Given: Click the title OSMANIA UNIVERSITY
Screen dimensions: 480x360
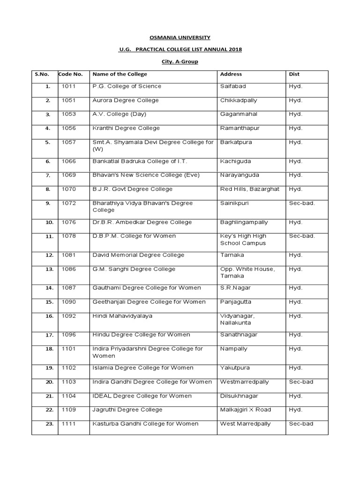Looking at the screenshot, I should click(180, 37).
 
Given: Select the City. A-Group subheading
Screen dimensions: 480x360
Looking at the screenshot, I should click(180, 62).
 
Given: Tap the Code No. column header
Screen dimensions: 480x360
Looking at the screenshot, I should click(70, 74).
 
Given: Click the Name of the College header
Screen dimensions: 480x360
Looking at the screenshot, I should click(120, 74).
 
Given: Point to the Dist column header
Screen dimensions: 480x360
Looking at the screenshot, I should click(294, 74).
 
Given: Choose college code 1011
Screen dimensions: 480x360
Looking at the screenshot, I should click(68, 86).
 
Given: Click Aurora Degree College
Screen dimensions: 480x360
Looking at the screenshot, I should click(126, 100).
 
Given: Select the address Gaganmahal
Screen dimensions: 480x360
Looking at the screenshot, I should click(239, 114).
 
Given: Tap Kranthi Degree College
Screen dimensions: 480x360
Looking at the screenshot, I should click(126, 128).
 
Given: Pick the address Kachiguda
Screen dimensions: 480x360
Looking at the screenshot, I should click(235, 161).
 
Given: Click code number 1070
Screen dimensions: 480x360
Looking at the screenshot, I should click(68, 189).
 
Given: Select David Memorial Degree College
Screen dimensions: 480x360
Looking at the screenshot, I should click(138, 255).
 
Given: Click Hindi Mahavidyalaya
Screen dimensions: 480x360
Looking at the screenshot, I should click(122, 316).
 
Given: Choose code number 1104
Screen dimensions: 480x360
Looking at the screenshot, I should click(68, 396).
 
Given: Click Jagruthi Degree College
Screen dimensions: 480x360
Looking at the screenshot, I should click(127, 410).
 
